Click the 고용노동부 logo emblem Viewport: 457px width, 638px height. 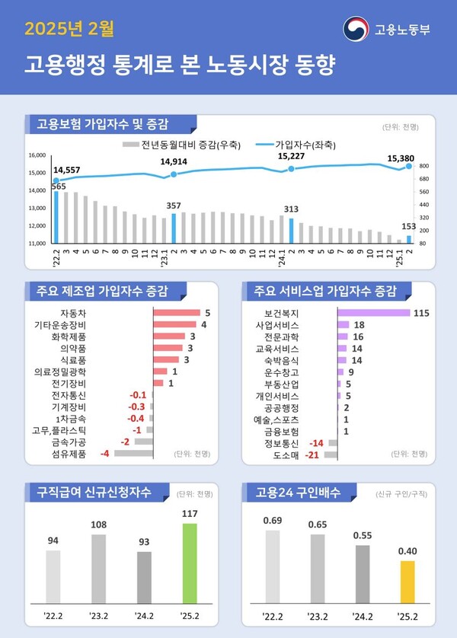click(x=355, y=30)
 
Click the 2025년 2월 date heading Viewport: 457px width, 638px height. click(x=69, y=30)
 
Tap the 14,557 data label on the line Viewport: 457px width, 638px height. click(x=67, y=170)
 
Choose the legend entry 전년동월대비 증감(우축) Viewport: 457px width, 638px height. click(x=181, y=144)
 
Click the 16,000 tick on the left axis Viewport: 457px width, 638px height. click(x=37, y=155)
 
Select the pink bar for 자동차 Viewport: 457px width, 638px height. click(x=176, y=313)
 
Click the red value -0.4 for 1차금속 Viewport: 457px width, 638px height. click(x=136, y=419)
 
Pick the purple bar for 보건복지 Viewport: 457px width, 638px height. click(x=373, y=313)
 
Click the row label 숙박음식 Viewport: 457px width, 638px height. click(x=283, y=360)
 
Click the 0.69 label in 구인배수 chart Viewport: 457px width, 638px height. click(x=273, y=520)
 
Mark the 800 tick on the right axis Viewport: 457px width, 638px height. click(x=424, y=166)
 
